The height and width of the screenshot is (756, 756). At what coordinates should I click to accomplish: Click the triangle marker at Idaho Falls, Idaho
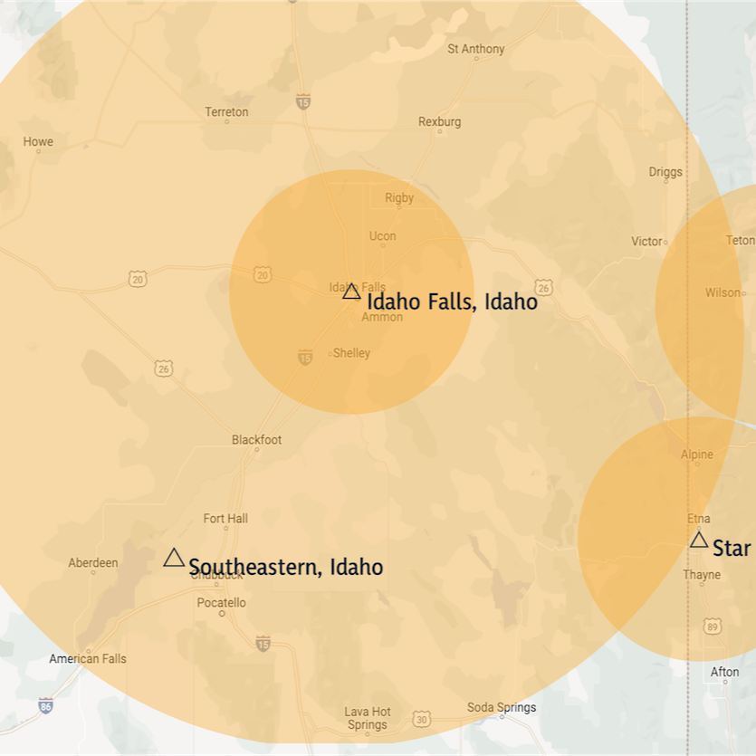pos(351,291)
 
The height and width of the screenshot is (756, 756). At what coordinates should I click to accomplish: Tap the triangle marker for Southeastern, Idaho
pos(174,558)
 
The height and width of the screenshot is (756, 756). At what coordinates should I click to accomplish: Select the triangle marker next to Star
pos(699,540)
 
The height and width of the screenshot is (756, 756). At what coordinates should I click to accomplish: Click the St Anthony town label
pos(475,49)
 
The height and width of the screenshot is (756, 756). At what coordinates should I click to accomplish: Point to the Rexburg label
pos(439,121)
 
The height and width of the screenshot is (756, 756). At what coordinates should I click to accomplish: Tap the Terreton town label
pos(226,112)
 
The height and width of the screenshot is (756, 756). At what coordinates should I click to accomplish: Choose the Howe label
pos(38,141)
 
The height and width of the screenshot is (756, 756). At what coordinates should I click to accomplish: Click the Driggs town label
pos(665,172)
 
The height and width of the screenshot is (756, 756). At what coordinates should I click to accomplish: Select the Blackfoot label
pos(256,440)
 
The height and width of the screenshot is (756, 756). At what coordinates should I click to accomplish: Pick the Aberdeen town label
pos(92,563)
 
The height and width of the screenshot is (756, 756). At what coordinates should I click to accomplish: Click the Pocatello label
pos(221,603)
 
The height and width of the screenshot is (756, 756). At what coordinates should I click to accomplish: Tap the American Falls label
pos(88,658)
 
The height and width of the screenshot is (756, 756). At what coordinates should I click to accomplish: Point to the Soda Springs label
pos(502,707)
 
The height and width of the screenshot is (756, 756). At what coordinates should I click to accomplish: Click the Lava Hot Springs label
pos(368,718)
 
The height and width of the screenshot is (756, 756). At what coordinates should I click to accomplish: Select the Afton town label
pos(724,672)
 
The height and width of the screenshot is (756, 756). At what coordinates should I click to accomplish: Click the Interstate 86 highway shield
pos(45,705)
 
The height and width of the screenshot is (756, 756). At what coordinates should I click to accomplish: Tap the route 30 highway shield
pos(422,719)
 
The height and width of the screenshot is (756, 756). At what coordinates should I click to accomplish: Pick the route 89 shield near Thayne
pos(713,627)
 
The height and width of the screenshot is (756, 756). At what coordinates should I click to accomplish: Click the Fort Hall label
pos(225,519)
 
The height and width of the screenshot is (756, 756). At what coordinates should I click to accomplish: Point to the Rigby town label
pos(399,197)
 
